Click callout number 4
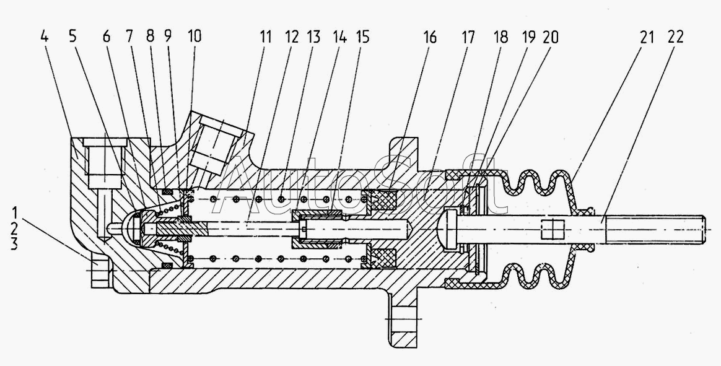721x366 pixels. pyautogui.click(x=44, y=37)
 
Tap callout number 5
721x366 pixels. pyautogui.click(x=73, y=37)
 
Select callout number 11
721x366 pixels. pyautogui.click(x=265, y=37)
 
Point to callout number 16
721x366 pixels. pyautogui.click(x=430, y=37)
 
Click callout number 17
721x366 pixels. pyautogui.click(x=468, y=37)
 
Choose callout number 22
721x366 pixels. pyautogui.click(x=675, y=37)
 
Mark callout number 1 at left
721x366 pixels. pyautogui.click(x=14, y=214)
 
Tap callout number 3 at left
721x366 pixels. pyautogui.click(x=14, y=244)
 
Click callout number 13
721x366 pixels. pyautogui.click(x=313, y=37)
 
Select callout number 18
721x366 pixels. pyautogui.click(x=500, y=37)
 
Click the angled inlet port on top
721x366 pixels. pyautogui.click(x=217, y=140)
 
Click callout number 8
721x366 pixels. pyautogui.click(x=151, y=37)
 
